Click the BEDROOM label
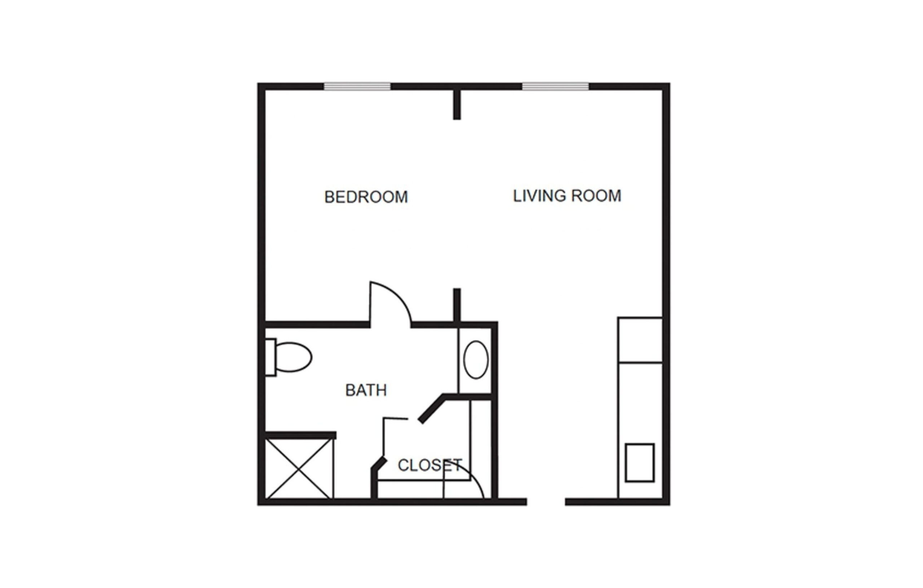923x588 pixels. [x=366, y=197]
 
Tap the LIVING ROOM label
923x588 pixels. [x=567, y=196]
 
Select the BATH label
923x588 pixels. [x=366, y=390]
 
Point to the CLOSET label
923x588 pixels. [x=430, y=465]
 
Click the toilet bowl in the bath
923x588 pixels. [x=293, y=357]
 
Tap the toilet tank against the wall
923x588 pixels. [x=271, y=357]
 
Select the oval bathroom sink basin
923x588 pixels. [x=476, y=359]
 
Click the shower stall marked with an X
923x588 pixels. [x=299, y=468]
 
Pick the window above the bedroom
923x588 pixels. [x=357, y=86]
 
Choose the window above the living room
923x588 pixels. [x=555, y=86]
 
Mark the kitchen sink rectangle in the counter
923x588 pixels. [x=640, y=462]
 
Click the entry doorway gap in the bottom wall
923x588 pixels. [x=546, y=502]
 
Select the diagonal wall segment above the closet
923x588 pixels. [x=431, y=409]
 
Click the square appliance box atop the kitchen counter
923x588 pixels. [x=640, y=340]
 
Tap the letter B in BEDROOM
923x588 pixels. [x=329, y=197]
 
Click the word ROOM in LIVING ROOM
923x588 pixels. [x=596, y=196]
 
